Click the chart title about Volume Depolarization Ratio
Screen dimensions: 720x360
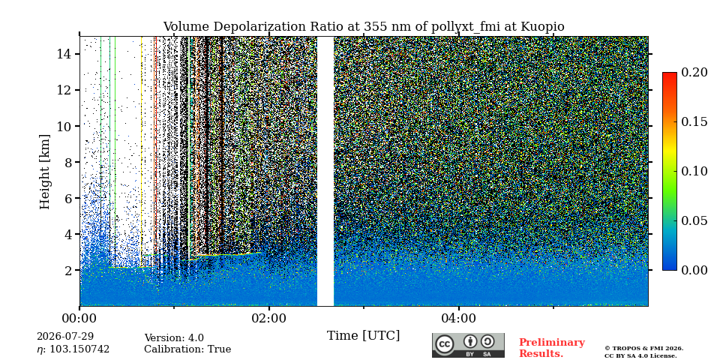(364, 27)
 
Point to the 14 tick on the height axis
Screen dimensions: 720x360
(63, 54)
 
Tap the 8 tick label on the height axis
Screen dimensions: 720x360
(67, 162)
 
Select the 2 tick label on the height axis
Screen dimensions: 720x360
(67, 270)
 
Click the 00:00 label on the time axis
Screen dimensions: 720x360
(80, 318)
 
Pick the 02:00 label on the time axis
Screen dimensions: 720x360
(269, 318)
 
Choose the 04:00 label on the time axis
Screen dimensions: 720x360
(459, 318)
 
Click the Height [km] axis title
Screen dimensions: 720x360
(44, 172)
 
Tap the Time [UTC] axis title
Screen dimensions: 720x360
(363, 336)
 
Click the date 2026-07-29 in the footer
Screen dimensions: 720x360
(65, 337)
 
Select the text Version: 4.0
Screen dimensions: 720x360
(174, 338)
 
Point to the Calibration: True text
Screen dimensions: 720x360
(187, 349)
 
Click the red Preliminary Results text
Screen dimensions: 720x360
(552, 348)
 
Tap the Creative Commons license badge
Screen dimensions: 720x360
(468, 345)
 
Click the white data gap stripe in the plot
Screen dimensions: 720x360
(325, 171)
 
